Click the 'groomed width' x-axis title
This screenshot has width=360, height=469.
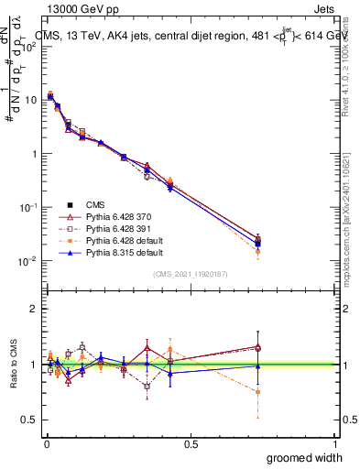click(x=305, y=457)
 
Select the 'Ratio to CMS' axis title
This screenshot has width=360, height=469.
click(x=13, y=364)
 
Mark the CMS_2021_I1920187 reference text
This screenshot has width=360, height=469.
click(x=189, y=274)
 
